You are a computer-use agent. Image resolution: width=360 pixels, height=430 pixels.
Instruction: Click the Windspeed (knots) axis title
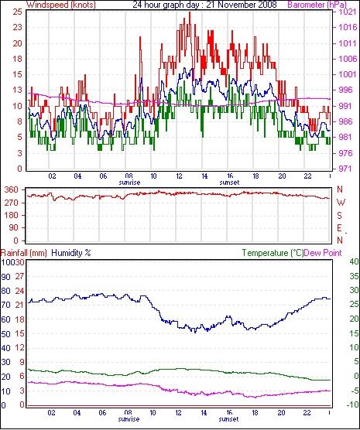click(x=61, y=5)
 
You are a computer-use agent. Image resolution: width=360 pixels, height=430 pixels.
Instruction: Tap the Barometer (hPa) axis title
click(x=317, y=5)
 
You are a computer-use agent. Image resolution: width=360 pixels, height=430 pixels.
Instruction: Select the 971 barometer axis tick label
click(x=346, y=169)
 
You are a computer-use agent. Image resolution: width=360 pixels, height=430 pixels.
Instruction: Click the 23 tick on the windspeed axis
click(x=17, y=27)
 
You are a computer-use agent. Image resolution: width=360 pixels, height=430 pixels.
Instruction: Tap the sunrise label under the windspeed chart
click(x=129, y=183)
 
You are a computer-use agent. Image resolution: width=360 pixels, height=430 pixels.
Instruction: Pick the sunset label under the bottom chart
click(x=228, y=419)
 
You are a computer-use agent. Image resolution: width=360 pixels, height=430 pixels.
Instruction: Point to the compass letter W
click(x=341, y=203)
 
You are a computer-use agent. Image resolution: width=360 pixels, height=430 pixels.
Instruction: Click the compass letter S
click(x=340, y=216)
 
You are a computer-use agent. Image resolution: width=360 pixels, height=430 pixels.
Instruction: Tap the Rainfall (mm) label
click(x=24, y=253)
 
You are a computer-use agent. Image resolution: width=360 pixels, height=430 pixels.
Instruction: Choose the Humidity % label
click(x=71, y=253)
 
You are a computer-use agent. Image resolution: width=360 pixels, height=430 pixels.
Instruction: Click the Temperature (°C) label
click(x=273, y=253)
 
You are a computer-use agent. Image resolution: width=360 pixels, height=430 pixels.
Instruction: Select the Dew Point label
click(x=323, y=253)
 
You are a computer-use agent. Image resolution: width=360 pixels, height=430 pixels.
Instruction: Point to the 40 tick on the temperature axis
click(x=354, y=261)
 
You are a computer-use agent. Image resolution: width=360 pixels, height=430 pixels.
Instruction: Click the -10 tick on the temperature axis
click(x=353, y=404)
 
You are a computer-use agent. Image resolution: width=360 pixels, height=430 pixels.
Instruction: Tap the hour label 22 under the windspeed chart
click(x=308, y=176)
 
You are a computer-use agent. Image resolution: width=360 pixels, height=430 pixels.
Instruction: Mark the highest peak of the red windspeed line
click(x=190, y=12)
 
